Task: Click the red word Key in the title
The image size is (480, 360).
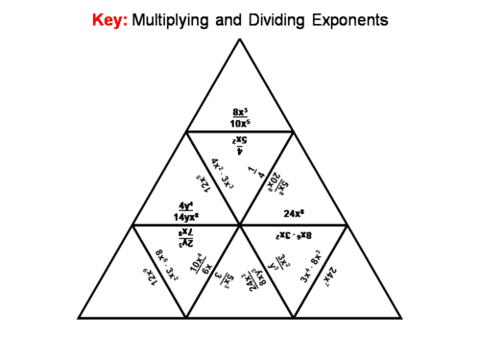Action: coord(108,19)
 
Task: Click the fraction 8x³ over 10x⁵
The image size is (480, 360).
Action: coord(240,117)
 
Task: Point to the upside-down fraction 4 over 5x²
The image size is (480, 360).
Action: coord(240,144)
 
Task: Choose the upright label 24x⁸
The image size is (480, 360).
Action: coord(294,212)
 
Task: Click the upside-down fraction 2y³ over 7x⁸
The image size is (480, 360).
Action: coord(186,236)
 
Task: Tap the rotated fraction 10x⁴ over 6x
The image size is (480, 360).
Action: coord(198,267)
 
